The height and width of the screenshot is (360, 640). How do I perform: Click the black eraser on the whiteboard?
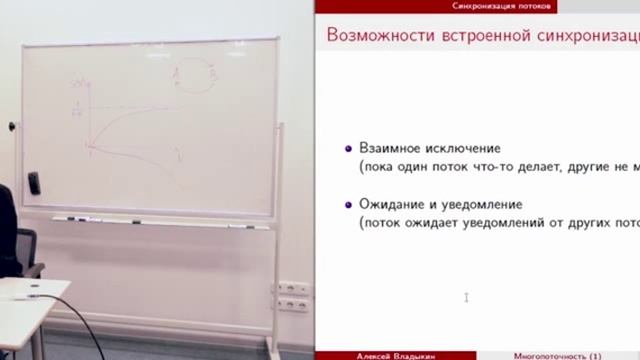coord(33,182)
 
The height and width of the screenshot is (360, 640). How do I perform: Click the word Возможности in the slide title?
coord(376,37)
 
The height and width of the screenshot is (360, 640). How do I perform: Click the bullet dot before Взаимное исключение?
coord(347,148)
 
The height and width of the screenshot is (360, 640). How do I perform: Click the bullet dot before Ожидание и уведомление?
coord(347,205)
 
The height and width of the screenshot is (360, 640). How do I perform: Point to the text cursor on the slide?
coord(466,296)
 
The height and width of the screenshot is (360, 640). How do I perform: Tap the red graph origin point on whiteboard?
coord(89,147)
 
